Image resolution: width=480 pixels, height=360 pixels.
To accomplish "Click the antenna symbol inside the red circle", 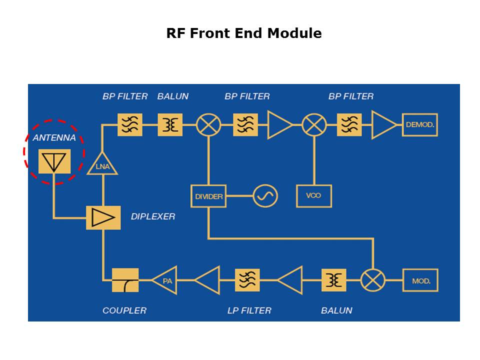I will [54, 161].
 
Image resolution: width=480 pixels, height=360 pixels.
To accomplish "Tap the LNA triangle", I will [102, 165].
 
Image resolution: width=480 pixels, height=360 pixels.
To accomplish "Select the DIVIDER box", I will [208, 196].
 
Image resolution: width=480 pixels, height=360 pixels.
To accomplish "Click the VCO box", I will [314, 195].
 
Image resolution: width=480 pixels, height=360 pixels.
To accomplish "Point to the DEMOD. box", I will [419, 124].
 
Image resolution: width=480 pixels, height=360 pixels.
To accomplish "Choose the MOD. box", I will [420, 280].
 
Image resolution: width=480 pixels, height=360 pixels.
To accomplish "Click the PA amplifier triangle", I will [164, 280].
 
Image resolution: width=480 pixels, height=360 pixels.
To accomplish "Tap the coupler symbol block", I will [125, 280].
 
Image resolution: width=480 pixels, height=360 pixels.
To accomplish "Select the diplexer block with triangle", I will [103, 217].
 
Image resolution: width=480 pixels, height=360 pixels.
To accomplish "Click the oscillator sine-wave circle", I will [265, 196].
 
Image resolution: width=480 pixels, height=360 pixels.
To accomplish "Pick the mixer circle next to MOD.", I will [372, 280].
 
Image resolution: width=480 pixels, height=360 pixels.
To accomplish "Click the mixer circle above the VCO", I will [314, 124].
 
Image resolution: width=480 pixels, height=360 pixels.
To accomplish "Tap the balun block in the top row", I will [170, 124].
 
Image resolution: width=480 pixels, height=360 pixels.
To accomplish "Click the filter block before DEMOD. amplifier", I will [349, 124].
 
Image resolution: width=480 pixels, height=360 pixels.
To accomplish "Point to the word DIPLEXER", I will [153, 216].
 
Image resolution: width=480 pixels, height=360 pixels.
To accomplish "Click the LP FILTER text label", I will [249, 310].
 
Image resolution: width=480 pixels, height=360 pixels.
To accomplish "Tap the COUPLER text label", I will [124, 310].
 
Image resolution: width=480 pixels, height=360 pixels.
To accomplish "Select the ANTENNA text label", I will [54, 137].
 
